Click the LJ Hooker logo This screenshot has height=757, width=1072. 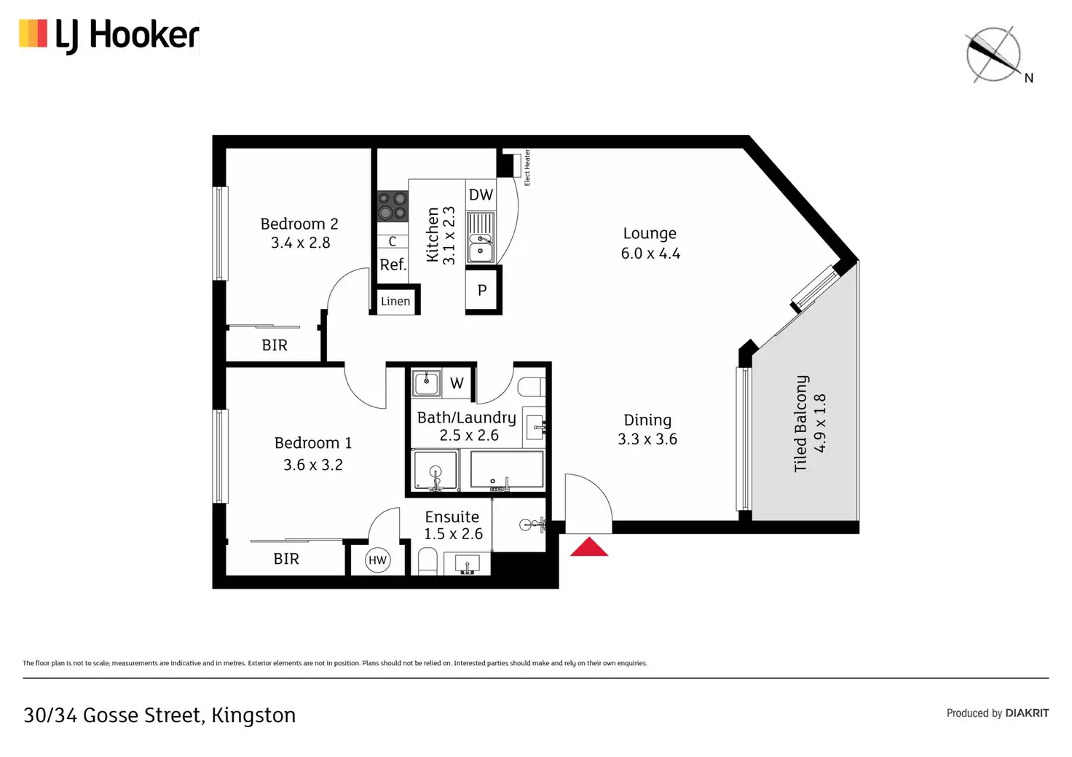(109, 35)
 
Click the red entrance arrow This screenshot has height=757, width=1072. (588, 547)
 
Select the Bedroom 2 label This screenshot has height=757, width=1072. (299, 224)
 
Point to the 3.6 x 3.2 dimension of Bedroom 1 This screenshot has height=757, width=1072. (313, 465)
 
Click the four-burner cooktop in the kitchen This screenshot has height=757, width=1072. (392, 205)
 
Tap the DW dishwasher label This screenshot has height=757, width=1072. (481, 195)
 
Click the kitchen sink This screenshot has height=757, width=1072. (480, 238)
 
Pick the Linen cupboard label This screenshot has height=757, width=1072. (395, 301)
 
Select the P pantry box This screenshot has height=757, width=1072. (482, 290)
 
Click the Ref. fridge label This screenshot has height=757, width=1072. (393, 264)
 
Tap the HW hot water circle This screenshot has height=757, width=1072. (377, 560)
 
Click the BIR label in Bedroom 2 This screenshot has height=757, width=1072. (275, 345)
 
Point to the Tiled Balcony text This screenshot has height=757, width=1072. (801, 423)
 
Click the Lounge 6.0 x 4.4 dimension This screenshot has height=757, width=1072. (650, 254)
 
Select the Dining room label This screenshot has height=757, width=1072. (647, 420)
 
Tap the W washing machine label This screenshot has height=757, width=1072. (457, 383)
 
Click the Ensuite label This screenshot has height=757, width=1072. (452, 517)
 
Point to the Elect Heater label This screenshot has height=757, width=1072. (527, 168)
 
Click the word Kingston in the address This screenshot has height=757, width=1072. (253, 715)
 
